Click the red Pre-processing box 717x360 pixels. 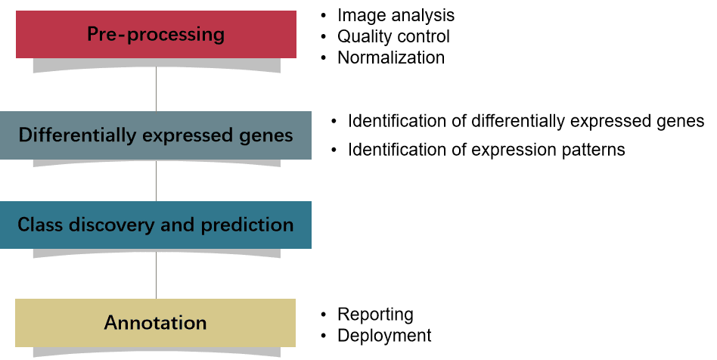coord(156,34)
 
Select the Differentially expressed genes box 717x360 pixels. coord(156,135)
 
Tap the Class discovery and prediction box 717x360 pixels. coord(156,225)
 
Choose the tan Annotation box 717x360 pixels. coord(156,323)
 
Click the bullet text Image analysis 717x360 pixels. coord(396,16)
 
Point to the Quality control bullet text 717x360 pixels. coord(394,36)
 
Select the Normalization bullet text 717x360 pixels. coord(391,57)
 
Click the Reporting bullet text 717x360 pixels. coord(375,315)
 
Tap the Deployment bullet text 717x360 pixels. coord(384,336)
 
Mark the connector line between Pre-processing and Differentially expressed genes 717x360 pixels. coord(156,88)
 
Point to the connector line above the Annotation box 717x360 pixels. coord(156,275)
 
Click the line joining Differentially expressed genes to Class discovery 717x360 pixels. coord(156,182)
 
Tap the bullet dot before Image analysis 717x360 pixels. coord(324,16)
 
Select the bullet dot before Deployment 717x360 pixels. coord(324,336)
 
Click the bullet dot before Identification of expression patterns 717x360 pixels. coord(334,150)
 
